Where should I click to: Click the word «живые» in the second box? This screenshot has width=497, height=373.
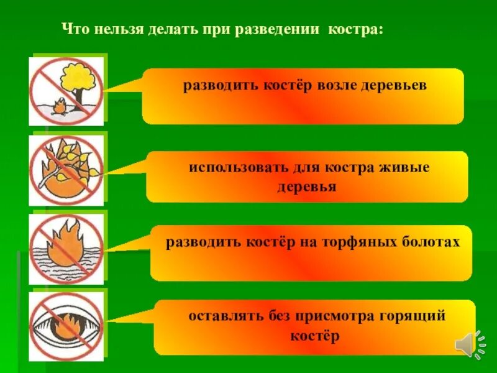point(408,168)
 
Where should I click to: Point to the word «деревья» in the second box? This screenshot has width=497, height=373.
point(307,187)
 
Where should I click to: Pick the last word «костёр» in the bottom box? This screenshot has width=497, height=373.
point(315,336)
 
